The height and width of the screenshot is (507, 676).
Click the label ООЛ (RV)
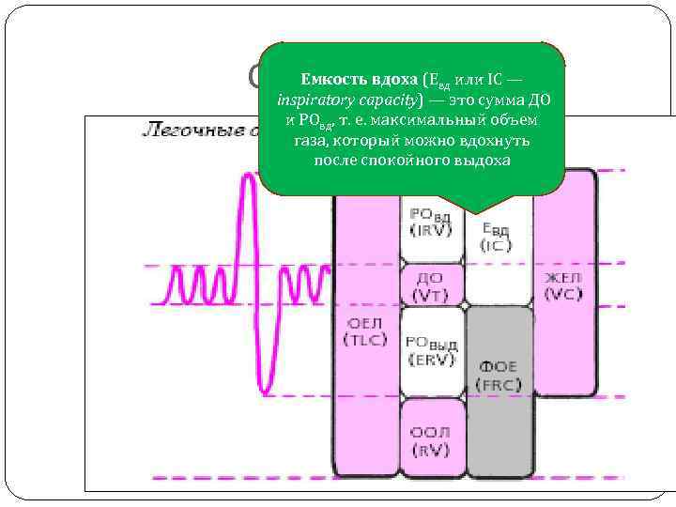point(430,441)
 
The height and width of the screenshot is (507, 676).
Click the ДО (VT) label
point(429,286)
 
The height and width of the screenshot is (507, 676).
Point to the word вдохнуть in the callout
point(498,140)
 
